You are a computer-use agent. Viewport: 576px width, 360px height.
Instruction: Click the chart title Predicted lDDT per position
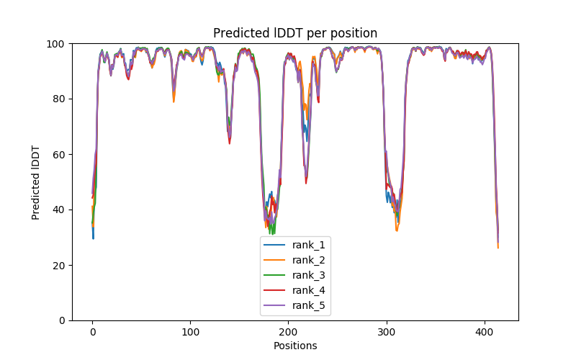tap(295, 33)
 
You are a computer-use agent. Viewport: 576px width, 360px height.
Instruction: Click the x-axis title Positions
tap(295, 346)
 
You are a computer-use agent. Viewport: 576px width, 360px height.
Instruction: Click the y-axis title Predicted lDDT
tap(36, 182)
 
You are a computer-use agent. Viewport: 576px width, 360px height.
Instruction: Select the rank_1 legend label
tap(309, 245)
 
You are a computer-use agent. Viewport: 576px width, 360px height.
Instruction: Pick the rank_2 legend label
tap(309, 260)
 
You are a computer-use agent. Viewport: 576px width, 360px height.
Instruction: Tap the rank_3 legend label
tap(309, 275)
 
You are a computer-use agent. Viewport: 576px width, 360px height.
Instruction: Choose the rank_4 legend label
tap(309, 290)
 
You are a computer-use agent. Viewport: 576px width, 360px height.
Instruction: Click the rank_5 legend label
tap(309, 305)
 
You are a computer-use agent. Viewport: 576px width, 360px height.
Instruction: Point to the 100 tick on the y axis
tap(55, 44)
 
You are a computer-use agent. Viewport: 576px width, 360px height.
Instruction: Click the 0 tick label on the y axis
tap(61, 321)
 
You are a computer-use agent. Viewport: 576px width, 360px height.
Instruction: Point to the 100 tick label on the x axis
tap(191, 332)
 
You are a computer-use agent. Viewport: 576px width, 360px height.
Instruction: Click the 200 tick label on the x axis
tap(289, 332)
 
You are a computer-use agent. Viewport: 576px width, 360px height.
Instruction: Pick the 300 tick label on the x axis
tap(387, 332)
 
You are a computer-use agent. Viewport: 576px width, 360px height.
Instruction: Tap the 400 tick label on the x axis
tap(485, 332)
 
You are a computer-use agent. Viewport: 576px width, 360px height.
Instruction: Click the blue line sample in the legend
tap(276, 245)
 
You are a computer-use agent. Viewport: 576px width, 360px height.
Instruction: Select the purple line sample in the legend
tap(276, 305)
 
